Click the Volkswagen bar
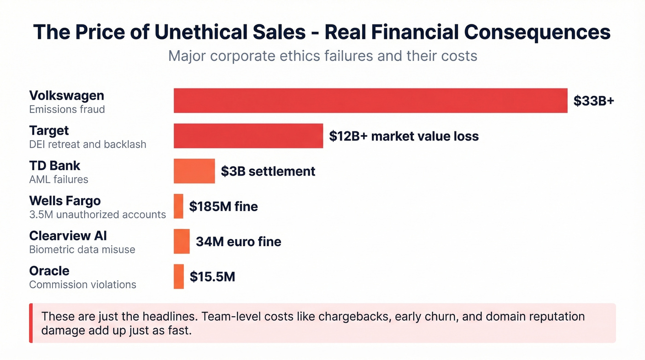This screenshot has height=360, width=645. point(370,100)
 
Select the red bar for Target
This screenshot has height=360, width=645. point(248,136)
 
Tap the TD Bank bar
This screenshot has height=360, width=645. point(194,171)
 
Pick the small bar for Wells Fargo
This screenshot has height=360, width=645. point(178,206)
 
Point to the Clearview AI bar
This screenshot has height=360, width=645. point(182,241)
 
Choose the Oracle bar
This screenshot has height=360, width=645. point(179,277)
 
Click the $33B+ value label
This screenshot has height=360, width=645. point(593,100)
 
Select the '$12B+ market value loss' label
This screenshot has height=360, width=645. point(404,136)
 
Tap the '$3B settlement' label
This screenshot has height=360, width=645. point(268,171)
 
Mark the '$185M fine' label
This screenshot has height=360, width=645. point(223,206)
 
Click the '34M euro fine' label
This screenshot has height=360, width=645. point(238,241)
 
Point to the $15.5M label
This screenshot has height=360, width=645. point(212,277)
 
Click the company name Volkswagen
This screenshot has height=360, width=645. point(66,95)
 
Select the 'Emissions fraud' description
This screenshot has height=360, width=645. point(67,109)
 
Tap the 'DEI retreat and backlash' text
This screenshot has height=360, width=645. point(88,144)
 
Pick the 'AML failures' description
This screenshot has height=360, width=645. point(59,179)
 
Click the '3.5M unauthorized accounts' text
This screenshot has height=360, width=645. point(97,214)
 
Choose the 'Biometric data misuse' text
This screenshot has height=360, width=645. point(82,249)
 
